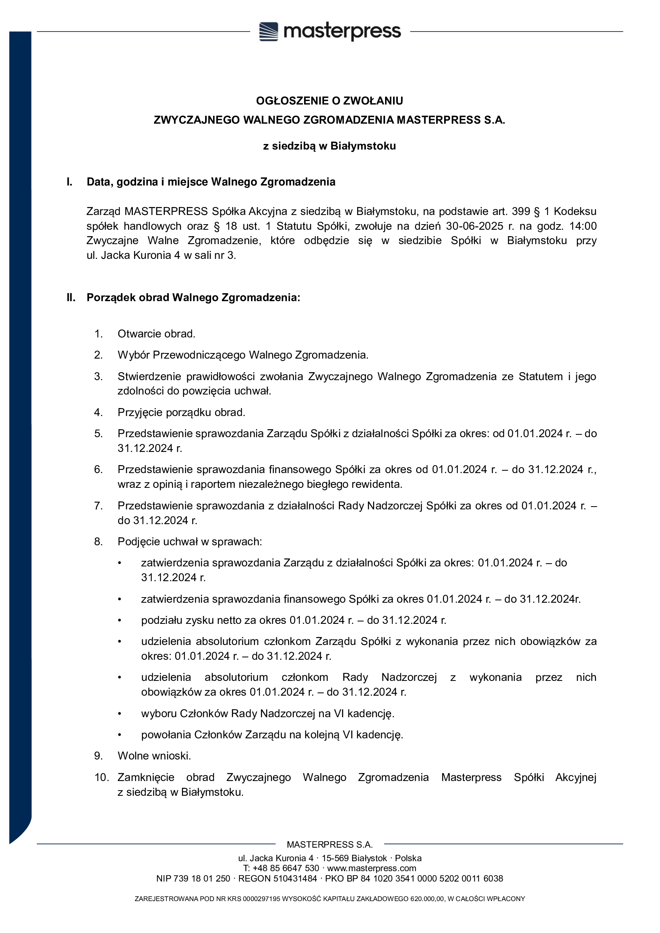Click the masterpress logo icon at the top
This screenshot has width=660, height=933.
(x=269, y=31)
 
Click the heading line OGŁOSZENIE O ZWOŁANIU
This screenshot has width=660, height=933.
(x=330, y=101)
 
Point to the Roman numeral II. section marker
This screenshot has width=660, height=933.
(x=71, y=298)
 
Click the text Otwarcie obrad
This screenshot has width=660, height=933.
(x=156, y=333)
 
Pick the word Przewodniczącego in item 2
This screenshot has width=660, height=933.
(x=199, y=355)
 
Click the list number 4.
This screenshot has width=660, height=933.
(x=98, y=412)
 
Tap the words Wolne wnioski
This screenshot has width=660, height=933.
(x=154, y=756)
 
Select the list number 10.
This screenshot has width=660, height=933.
(x=101, y=777)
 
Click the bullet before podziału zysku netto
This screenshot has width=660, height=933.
(x=120, y=621)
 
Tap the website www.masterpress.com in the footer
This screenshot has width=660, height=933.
(x=371, y=868)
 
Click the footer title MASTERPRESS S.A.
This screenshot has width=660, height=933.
(x=330, y=845)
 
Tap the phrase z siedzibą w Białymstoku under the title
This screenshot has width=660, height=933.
(x=330, y=146)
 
